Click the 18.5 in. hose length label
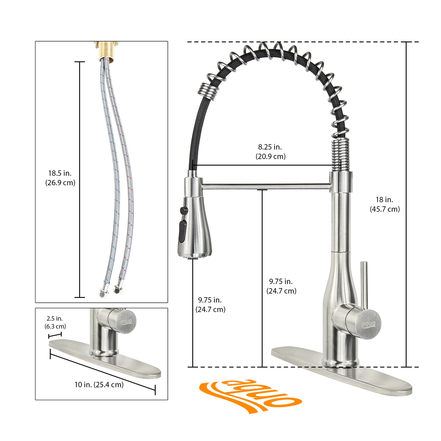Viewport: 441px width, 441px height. [x=60, y=178]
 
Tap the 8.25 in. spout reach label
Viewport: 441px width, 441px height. [x=270, y=151]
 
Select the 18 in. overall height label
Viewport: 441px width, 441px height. [x=385, y=204]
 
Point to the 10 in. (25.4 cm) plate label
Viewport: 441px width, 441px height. [x=99, y=385]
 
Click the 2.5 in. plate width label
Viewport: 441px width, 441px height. [x=55, y=323]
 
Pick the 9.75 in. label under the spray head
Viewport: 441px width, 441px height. [x=210, y=305]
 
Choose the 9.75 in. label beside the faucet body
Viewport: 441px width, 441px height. [x=281, y=286]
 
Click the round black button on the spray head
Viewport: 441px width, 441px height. [x=184, y=210]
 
